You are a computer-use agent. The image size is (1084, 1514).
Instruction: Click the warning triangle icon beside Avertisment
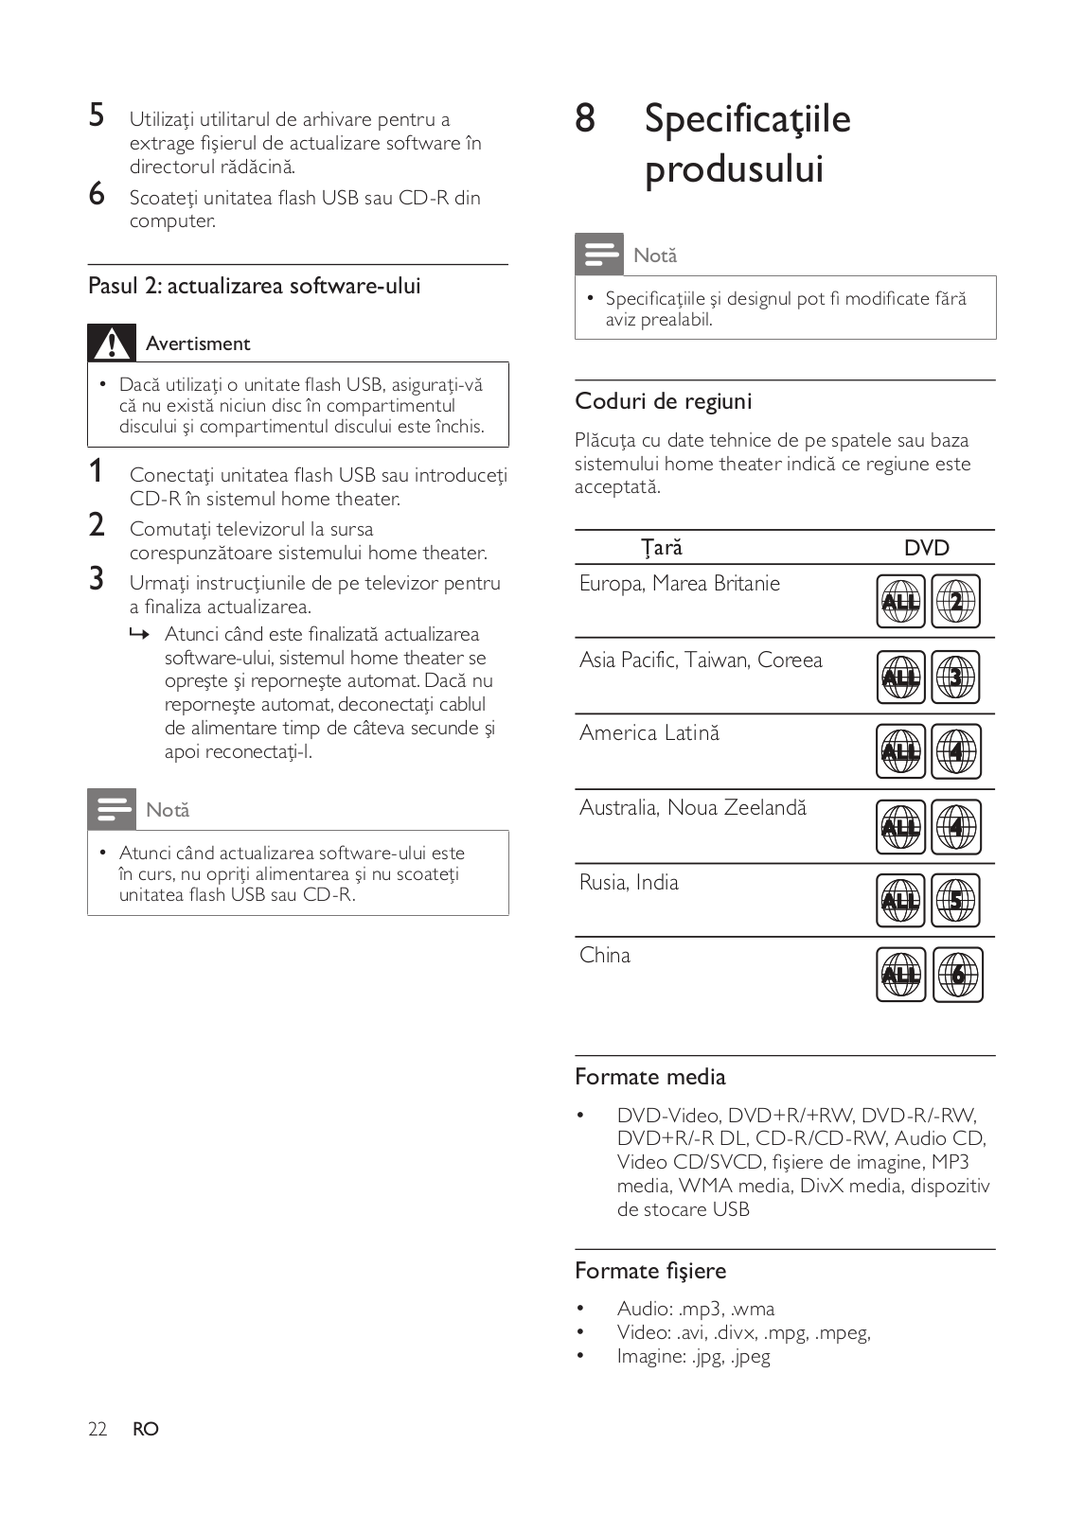[112, 343]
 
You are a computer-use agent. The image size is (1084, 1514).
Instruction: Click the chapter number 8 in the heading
[585, 118]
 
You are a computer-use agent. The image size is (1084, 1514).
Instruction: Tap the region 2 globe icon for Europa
[955, 602]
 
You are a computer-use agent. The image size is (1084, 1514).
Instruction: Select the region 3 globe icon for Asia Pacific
[955, 678]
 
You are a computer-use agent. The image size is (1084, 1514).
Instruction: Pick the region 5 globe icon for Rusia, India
[955, 901]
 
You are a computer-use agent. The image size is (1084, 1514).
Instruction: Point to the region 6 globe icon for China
[957, 976]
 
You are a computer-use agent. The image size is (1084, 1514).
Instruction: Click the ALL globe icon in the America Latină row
[900, 751]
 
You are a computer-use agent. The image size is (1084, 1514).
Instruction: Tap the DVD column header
[926, 548]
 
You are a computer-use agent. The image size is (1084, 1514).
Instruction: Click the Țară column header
[661, 548]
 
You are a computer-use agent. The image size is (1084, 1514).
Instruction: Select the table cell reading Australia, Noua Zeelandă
[693, 807]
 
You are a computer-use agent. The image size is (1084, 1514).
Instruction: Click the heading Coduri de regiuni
[663, 401]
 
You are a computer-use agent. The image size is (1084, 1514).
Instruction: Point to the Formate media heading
[649, 1077]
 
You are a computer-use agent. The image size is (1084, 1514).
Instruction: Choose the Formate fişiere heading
[650, 1271]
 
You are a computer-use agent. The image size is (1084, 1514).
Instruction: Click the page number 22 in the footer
[98, 1429]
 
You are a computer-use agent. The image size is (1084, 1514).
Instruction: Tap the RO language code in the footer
[146, 1429]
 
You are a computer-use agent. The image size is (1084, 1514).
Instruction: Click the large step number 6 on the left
[97, 194]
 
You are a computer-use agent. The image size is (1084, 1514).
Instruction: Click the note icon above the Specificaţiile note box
[599, 254]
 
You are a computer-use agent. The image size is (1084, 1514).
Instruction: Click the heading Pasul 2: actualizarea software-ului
[254, 286]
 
